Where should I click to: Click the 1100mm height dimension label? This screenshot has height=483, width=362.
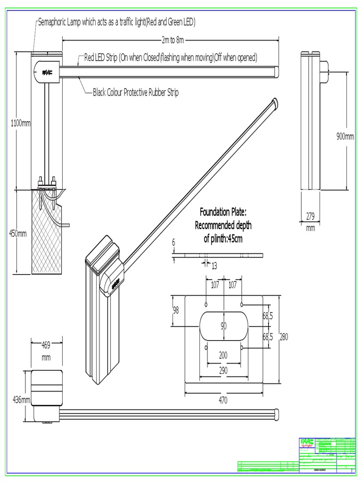pyautogui.click(x=21, y=123)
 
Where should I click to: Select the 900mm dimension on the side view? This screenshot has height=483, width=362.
pyautogui.click(x=345, y=136)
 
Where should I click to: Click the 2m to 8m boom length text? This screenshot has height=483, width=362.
pyautogui.click(x=173, y=40)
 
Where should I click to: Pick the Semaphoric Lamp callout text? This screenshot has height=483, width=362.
pyautogui.click(x=116, y=22)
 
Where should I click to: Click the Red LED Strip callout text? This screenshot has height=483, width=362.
pyautogui.click(x=171, y=58)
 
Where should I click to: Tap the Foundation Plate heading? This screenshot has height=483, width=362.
pyautogui.click(x=223, y=211)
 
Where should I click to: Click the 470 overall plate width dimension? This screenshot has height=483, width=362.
pyautogui.click(x=223, y=400)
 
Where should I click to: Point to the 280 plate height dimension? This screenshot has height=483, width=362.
pyautogui.click(x=283, y=337)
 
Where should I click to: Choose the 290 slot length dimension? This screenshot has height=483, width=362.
pyautogui.click(x=223, y=370)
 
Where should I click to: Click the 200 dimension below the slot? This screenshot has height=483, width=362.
pyautogui.click(x=223, y=354)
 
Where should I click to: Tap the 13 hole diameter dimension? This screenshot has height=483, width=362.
pyautogui.click(x=214, y=266)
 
